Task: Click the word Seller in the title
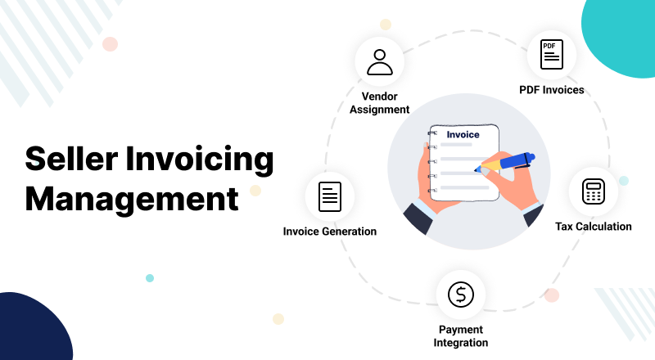[x=71, y=159]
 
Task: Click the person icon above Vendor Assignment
[x=380, y=62]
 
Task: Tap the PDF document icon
[x=551, y=54]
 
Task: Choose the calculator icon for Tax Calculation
[x=593, y=191]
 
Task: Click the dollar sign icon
[x=461, y=295]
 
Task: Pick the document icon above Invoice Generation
[x=330, y=196]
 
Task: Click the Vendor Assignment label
[x=380, y=103]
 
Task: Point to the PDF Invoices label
[x=551, y=90]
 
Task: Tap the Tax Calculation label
[x=593, y=227]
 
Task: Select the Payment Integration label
[x=461, y=335]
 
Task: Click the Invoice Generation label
[x=330, y=232]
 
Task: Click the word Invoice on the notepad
[x=463, y=134]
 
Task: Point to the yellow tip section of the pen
[x=489, y=164]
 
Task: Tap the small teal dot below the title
[x=150, y=278]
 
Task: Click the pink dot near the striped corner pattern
[x=110, y=44]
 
